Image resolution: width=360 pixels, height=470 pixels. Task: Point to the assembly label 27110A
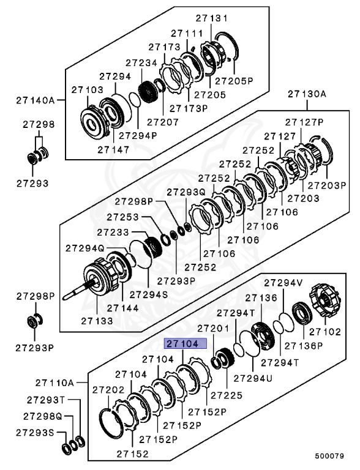click(x=54, y=383)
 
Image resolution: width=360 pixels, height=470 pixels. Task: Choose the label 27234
click(x=141, y=62)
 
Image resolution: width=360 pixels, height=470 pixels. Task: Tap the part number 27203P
click(x=327, y=185)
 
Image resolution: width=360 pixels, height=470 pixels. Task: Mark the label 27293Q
click(x=186, y=192)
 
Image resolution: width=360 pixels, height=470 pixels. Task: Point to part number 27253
click(x=122, y=217)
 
